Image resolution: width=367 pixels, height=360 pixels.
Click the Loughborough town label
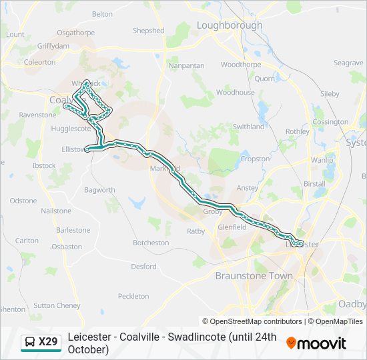[x=230, y=25]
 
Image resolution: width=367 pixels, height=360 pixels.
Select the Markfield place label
[x=165, y=168]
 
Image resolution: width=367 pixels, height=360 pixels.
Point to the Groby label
[x=212, y=211]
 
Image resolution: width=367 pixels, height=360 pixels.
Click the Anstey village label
[x=248, y=188]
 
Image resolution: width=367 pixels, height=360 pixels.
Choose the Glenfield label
[x=232, y=227]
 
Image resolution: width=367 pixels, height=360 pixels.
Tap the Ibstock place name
[x=44, y=165]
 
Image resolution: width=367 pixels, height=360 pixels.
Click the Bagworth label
[x=99, y=190]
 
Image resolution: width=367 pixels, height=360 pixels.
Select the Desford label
[x=143, y=267]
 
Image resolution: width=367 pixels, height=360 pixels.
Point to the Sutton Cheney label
[x=57, y=305]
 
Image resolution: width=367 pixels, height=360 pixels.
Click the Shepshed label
[x=148, y=31]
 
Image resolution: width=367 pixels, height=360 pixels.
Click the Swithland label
[x=248, y=127]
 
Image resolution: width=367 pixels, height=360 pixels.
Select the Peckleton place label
[x=133, y=296]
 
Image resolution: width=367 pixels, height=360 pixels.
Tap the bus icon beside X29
[x=30, y=343]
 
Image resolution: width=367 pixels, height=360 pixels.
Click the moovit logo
[x=316, y=343]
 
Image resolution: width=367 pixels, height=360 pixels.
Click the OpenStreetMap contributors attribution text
[x=252, y=321]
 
